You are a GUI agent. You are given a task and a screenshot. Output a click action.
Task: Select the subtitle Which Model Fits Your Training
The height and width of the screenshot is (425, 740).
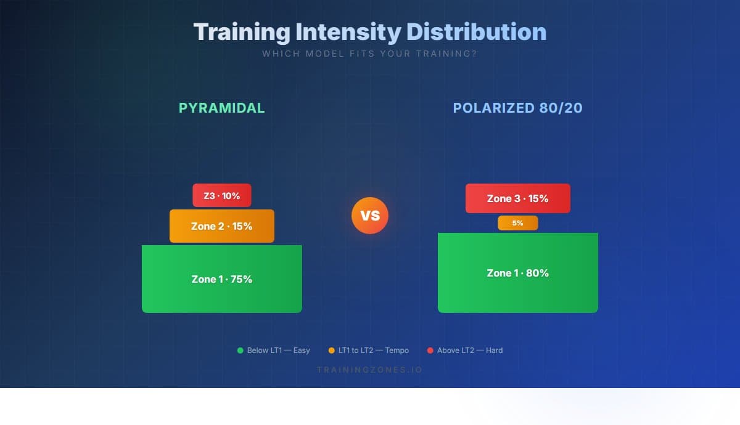(x=369, y=54)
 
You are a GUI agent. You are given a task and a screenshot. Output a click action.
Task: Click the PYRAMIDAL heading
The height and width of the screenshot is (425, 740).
(x=222, y=108)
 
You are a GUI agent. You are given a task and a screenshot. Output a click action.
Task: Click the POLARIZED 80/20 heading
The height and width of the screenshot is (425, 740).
(x=517, y=108)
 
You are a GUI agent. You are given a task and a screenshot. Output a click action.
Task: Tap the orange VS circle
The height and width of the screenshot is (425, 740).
(x=370, y=216)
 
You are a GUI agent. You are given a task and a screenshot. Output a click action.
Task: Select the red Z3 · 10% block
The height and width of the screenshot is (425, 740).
(x=222, y=196)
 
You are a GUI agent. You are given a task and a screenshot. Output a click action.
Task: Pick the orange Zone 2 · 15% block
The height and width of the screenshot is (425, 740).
(x=222, y=226)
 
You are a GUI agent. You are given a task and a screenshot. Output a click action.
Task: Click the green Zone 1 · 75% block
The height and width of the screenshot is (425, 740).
(x=222, y=279)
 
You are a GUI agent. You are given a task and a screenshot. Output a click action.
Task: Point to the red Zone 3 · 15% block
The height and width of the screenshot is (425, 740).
(x=517, y=198)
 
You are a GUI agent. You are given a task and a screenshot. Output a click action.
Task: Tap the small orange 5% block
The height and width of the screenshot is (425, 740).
(x=517, y=223)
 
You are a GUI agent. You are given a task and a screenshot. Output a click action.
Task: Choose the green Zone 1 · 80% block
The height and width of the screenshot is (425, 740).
(x=517, y=273)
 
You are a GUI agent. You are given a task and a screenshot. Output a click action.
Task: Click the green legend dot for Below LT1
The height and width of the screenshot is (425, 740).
(x=240, y=350)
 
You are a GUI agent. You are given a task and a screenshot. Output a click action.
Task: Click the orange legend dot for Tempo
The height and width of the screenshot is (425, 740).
(x=332, y=350)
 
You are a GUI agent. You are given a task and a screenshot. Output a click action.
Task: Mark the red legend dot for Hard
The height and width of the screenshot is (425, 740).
(x=430, y=350)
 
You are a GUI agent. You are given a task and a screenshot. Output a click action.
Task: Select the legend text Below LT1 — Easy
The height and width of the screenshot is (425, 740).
(x=278, y=350)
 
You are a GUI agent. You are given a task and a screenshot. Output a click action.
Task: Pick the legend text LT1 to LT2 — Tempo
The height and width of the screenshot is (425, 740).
(x=373, y=350)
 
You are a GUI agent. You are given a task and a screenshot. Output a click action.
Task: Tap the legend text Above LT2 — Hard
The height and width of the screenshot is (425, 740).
(x=470, y=350)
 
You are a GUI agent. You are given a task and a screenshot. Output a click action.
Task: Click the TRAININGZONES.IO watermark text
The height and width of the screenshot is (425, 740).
(x=369, y=370)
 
